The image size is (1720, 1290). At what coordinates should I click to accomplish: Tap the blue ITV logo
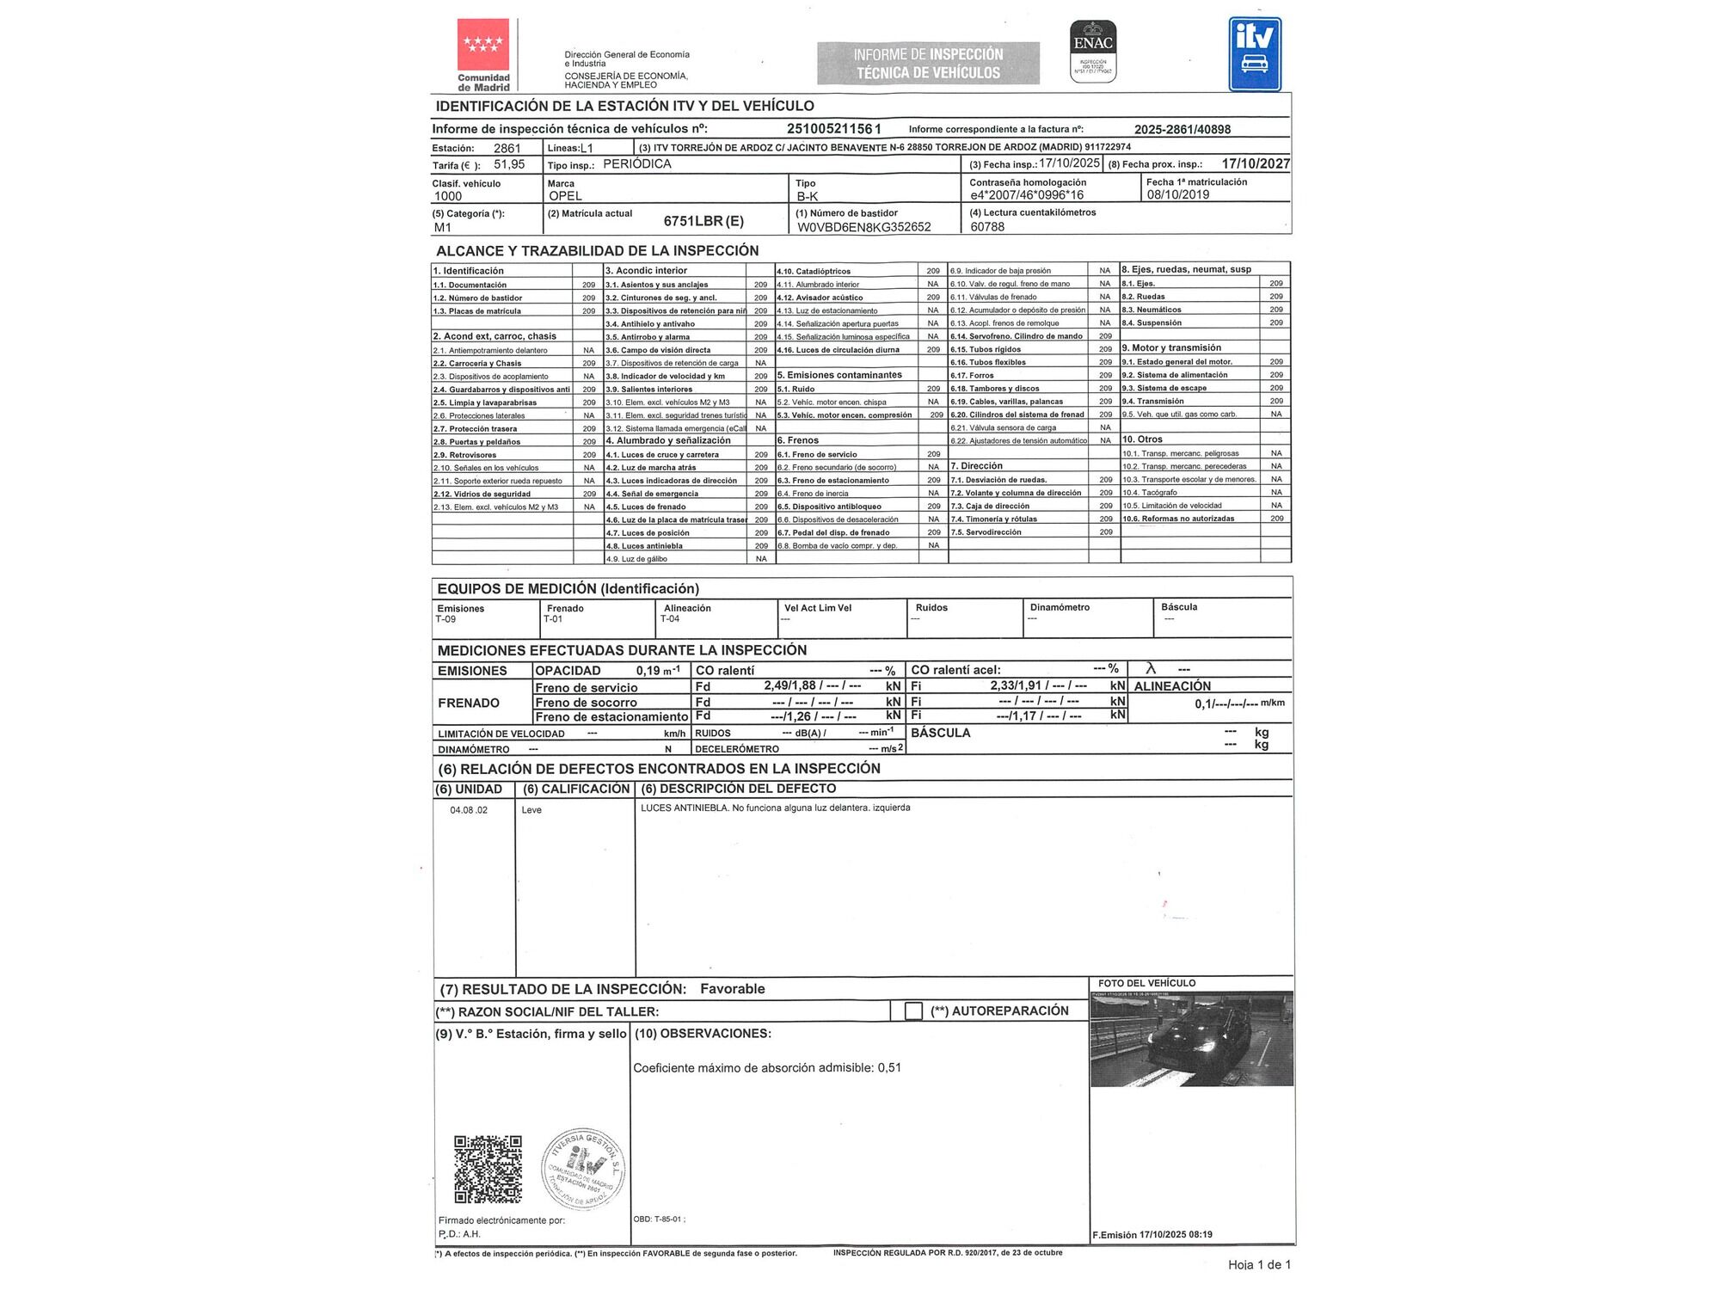pos(1255,53)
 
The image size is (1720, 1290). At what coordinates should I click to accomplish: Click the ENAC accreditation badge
pos(1093,52)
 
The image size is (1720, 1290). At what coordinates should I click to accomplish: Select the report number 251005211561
pos(834,129)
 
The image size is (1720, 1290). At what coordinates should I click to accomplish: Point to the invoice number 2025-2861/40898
pos(1182,130)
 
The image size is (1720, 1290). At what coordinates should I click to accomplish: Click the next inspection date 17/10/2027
pos(1256,163)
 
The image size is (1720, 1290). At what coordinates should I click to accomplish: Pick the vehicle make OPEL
pos(566,196)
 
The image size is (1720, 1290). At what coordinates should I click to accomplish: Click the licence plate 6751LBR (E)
pos(703,221)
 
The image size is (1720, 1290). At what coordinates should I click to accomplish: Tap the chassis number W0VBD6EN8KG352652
pos(864,227)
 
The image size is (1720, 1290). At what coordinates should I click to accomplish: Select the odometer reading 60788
pos(987,227)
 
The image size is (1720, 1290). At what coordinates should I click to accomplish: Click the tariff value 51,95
pos(509,164)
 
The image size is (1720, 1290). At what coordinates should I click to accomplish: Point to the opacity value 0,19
pos(648,671)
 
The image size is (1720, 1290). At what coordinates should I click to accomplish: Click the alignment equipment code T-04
pos(670,619)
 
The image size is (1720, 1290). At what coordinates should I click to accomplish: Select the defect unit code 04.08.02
pos(469,810)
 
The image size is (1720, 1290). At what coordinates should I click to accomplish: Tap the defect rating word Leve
pos(531,810)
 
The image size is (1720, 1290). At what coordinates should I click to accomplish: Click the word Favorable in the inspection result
pos(732,989)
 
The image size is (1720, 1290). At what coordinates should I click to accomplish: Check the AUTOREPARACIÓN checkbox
pos(913,1011)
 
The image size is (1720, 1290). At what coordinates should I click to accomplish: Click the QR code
pos(488,1169)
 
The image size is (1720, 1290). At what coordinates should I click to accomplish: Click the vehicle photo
pos(1191,1039)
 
